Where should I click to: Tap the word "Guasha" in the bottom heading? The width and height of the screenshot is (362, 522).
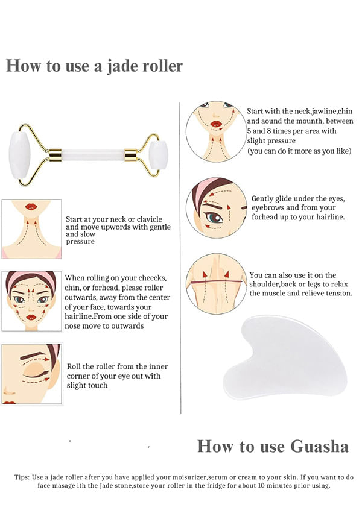coord(319,446)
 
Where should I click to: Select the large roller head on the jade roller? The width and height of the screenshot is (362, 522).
coord(20,156)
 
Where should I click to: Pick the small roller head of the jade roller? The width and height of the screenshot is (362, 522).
coord(158,155)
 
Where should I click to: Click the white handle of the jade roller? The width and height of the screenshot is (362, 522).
coord(94,155)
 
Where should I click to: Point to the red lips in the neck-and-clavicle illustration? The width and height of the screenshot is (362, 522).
coord(31,206)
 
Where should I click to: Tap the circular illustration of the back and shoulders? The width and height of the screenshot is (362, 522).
coord(215,284)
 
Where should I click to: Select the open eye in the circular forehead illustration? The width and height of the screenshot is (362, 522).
coord(214,218)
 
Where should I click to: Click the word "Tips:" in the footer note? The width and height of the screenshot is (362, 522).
coord(22,477)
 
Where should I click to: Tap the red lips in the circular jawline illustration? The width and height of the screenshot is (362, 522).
coord(216,124)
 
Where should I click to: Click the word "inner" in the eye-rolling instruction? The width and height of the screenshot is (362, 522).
coord(158,366)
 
